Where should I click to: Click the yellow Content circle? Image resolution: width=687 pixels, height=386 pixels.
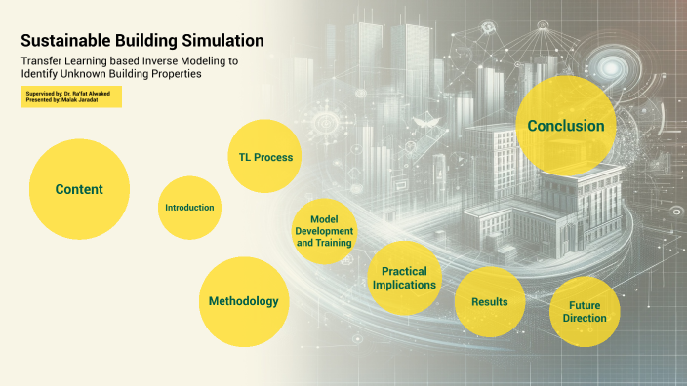(79, 189)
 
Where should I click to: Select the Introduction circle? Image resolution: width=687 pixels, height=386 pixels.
(189, 208)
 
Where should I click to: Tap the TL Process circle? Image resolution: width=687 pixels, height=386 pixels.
(265, 157)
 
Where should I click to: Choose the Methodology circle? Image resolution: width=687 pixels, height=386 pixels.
(243, 301)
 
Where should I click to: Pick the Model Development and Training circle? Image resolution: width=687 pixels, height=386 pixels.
(325, 231)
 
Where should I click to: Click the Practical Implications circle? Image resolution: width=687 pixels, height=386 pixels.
(404, 278)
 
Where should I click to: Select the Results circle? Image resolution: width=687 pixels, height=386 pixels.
(489, 302)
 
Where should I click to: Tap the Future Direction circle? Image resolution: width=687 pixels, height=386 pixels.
(585, 312)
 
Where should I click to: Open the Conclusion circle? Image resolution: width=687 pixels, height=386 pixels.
(565, 126)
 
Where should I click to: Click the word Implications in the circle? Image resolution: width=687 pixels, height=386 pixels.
(404, 285)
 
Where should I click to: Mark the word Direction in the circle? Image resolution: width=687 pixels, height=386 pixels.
(585, 319)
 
